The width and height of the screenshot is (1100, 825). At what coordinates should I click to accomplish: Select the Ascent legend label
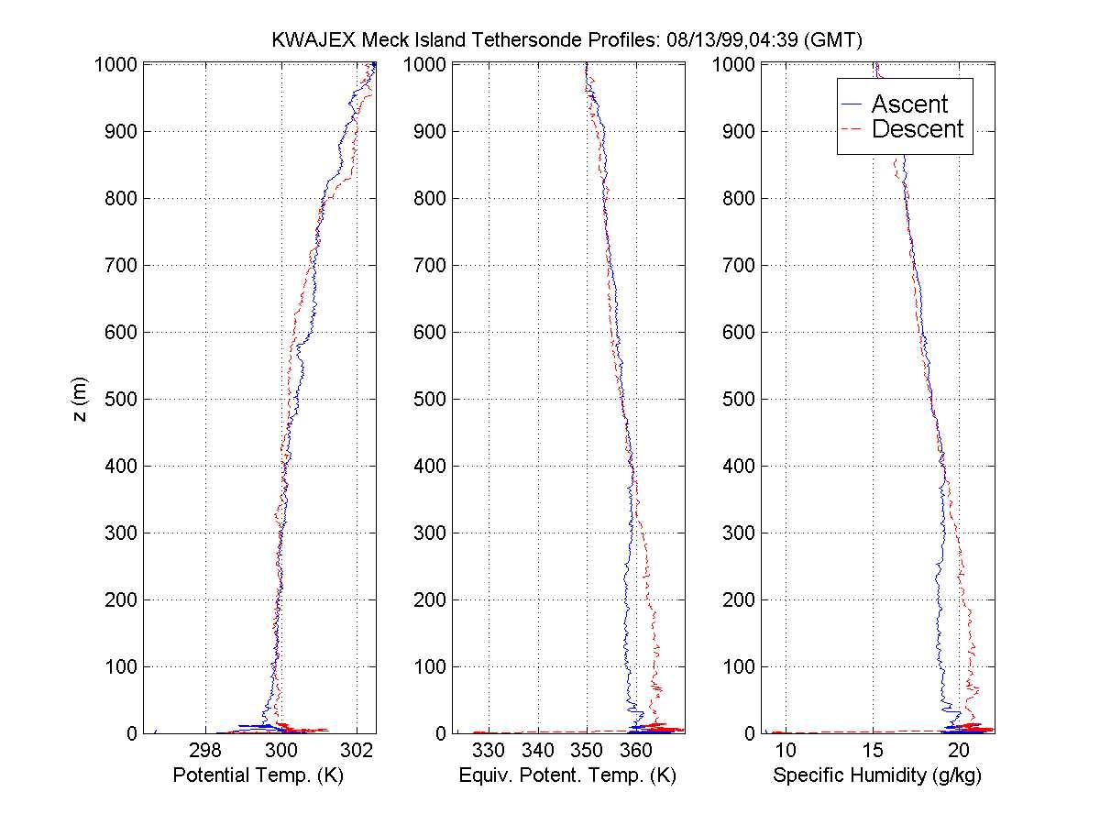point(909,104)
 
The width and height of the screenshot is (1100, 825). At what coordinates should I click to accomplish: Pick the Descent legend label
point(918,129)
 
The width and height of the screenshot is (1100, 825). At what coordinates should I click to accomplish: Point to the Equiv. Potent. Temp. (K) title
point(567,775)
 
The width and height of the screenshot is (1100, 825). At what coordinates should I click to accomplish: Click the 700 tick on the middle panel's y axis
point(431,265)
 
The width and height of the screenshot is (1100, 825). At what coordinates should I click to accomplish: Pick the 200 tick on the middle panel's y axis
point(431,599)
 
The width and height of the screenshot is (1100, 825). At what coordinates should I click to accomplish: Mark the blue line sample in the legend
point(854,104)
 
